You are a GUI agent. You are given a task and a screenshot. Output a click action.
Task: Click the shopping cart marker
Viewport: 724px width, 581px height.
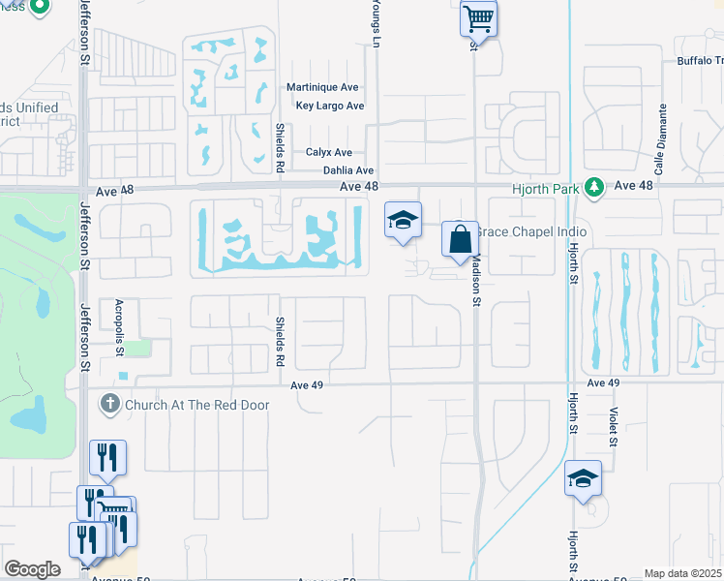[x=478, y=17]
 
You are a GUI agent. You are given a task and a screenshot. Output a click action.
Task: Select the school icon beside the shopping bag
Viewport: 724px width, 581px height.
[x=403, y=220]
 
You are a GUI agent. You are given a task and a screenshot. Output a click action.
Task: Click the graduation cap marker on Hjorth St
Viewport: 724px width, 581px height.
[x=583, y=478]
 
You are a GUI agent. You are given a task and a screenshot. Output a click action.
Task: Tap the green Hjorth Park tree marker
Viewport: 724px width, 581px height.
[x=597, y=186]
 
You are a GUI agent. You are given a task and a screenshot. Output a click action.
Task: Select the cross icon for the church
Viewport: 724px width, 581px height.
[x=109, y=402]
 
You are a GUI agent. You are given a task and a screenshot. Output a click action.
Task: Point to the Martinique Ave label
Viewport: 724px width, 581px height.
[x=324, y=87]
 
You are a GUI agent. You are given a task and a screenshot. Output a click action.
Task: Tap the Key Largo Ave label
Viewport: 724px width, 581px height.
[x=329, y=106]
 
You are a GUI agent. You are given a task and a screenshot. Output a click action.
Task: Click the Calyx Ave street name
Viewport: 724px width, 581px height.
[x=329, y=153]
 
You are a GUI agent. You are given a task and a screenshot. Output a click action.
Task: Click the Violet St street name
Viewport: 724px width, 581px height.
[x=614, y=426]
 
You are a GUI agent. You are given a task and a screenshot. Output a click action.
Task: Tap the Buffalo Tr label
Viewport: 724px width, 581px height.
[x=699, y=60]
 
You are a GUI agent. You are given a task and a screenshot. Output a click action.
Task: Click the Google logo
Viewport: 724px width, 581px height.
[x=32, y=568]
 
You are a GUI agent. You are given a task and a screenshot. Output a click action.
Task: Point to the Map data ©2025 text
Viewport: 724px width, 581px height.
[x=682, y=573]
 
